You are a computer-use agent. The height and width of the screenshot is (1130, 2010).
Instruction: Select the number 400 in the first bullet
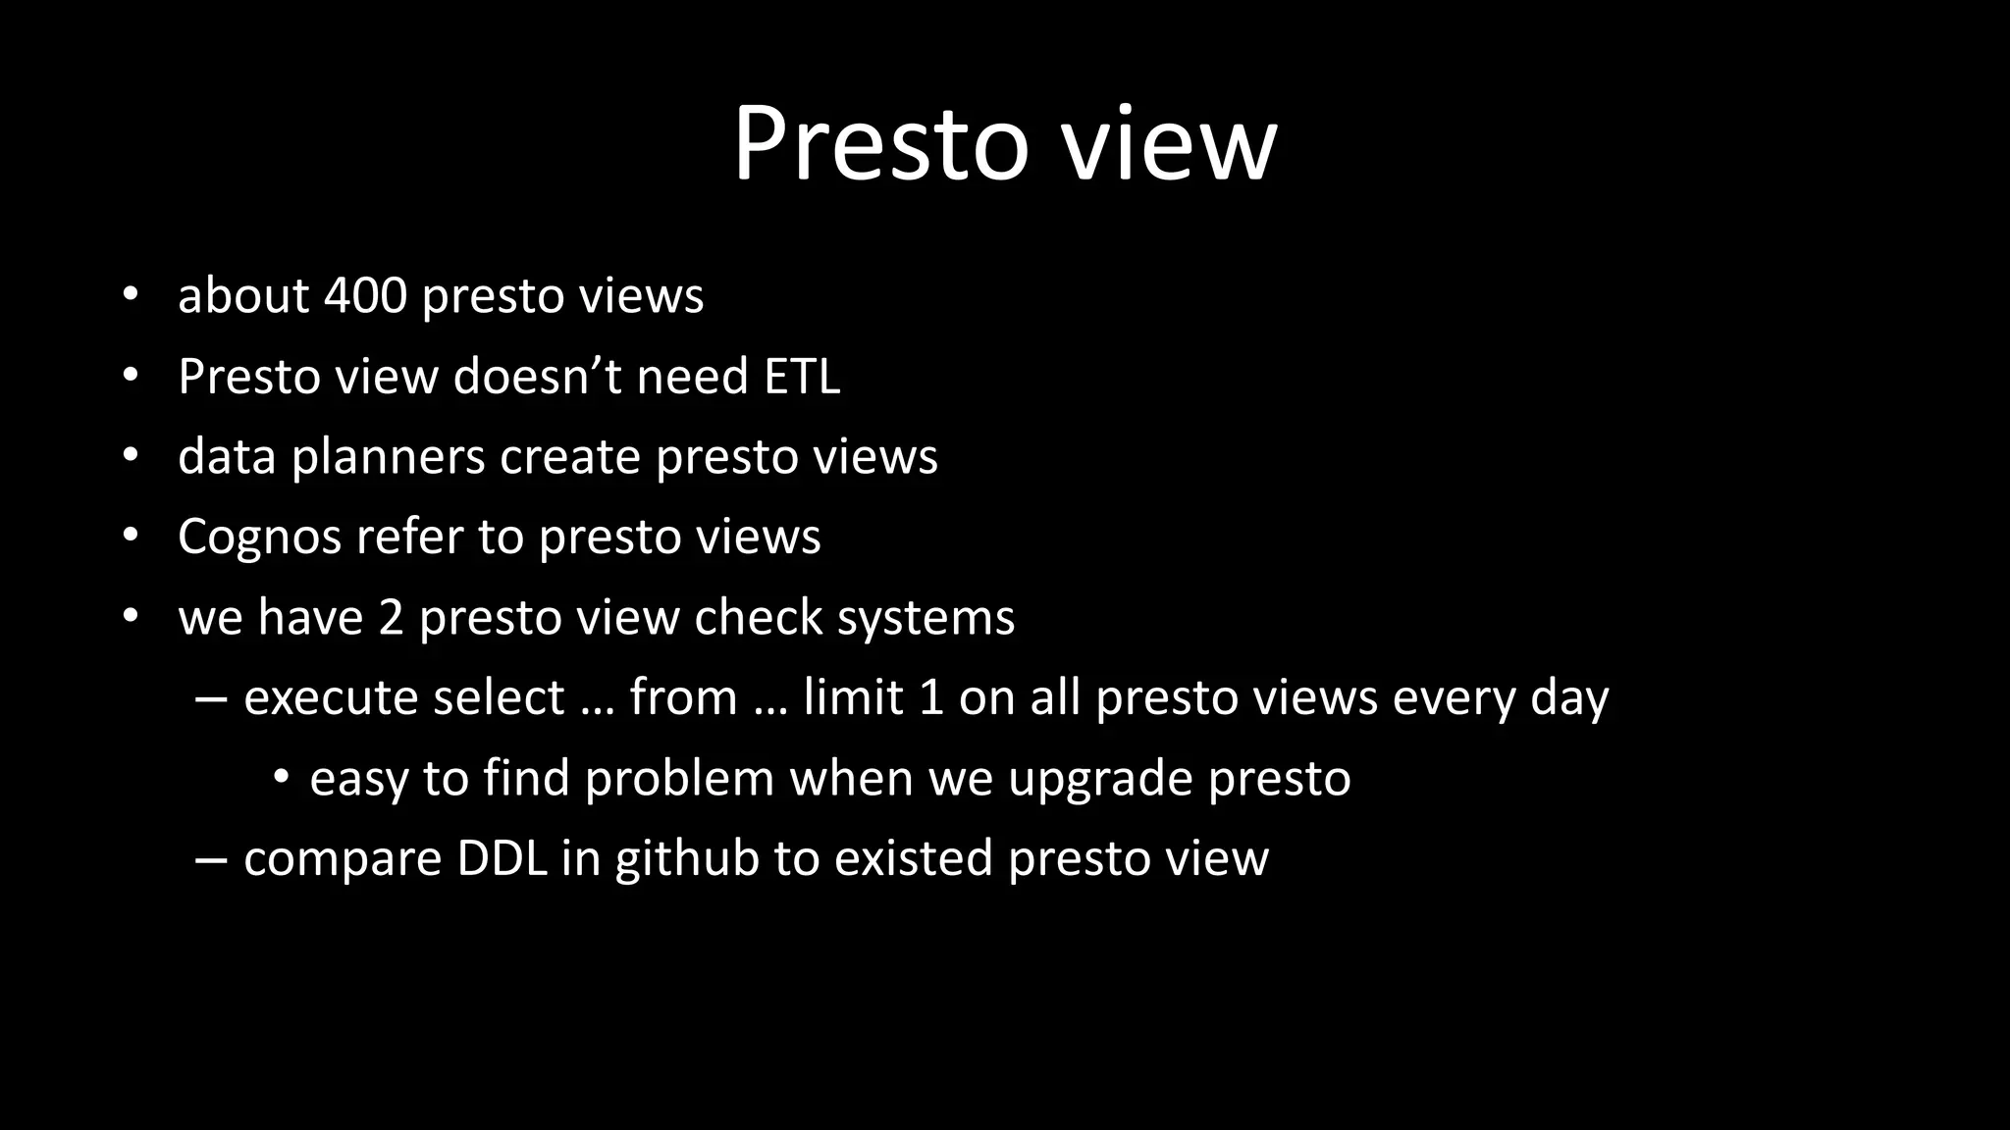pyautogui.click(x=365, y=295)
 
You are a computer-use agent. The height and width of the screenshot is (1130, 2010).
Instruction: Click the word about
pyautogui.click(x=243, y=295)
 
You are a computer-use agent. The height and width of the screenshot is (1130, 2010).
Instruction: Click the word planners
pyautogui.click(x=388, y=456)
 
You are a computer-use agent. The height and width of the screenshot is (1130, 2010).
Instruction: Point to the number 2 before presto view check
pyautogui.click(x=391, y=617)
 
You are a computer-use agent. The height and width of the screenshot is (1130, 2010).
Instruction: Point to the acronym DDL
pyautogui.click(x=502, y=858)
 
